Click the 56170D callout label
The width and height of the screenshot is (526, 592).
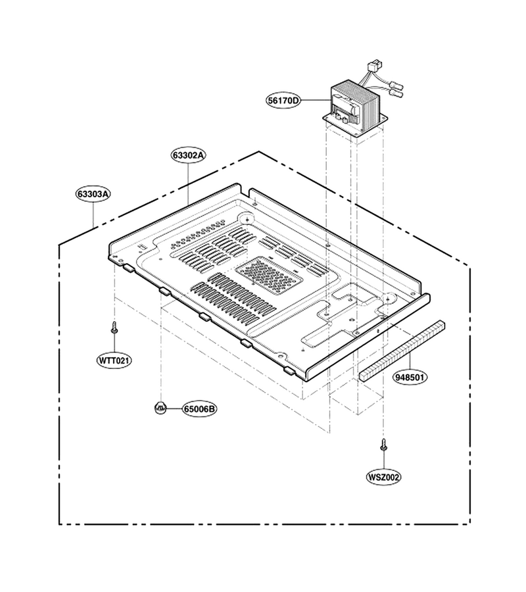coord(284,101)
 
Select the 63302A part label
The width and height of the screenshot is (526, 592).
coord(188,155)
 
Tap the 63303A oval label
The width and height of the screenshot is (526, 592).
coord(93,194)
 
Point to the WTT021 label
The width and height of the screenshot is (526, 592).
coord(114,360)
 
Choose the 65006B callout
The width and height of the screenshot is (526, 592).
coord(200,409)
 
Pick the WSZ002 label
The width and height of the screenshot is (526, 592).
coord(384,478)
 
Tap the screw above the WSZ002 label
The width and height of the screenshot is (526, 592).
coord(383,445)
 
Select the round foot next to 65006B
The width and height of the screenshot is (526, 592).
coord(160,407)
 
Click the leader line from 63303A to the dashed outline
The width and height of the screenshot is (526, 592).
coord(93,214)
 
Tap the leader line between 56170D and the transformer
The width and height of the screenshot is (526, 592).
coord(316,101)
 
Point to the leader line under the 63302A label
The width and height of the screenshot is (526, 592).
coord(188,184)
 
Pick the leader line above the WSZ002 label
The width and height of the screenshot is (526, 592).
coord(383,460)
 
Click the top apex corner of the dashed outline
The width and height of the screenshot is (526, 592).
coord(259,151)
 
